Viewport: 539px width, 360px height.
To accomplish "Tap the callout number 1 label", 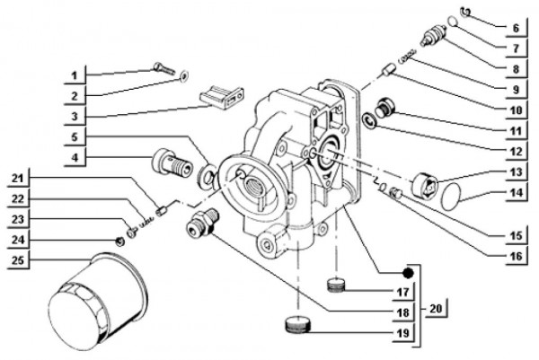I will pyautogui.click(x=79, y=72).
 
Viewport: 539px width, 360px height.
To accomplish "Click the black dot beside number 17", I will pyautogui.click(x=407, y=273).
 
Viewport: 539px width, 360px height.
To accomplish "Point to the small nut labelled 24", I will pyautogui.click(x=119, y=241).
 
